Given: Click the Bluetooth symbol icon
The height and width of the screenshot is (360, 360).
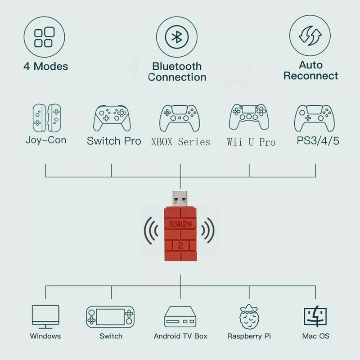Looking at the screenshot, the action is (x=176, y=37).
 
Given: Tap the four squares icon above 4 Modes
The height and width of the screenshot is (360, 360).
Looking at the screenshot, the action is (x=44, y=37).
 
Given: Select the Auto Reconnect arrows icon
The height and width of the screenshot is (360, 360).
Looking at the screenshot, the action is (x=310, y=36).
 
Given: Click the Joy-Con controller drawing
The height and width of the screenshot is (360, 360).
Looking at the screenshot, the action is (x=47, y=118).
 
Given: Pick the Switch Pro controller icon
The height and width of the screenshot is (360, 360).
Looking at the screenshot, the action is (x=112, y=118).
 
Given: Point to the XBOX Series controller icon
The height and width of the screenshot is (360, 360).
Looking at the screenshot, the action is (x=180, y=118).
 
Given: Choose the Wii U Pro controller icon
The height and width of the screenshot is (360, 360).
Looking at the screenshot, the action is (x=249, y=117).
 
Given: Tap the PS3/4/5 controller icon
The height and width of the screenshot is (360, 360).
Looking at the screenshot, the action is (x=315, y=118).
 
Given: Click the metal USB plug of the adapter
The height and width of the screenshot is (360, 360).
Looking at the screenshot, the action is (x=180, y=199).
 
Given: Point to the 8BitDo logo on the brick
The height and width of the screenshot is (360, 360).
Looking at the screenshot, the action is (x=180, y=224).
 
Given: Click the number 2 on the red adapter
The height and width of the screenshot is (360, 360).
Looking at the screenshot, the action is (x=180, y=246).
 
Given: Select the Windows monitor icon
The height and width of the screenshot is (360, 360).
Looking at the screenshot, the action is (x=45, y=317).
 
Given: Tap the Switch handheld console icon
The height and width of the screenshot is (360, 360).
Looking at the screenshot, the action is (x=110, y=317).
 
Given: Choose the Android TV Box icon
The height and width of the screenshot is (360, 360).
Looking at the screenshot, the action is (x=180, y=317).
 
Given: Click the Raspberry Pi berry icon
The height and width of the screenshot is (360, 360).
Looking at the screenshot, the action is (x=249, y=317).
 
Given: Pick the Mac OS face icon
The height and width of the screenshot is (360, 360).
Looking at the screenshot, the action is (x=315, y=316).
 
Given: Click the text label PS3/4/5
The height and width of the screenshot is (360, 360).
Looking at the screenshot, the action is (x=318, y=141).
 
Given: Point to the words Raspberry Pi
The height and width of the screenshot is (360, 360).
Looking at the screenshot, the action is (x=249, y=336).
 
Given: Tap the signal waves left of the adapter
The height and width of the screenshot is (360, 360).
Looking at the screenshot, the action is (x=151, y=230).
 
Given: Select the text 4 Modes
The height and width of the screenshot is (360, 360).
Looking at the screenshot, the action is (x=46, y=66).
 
